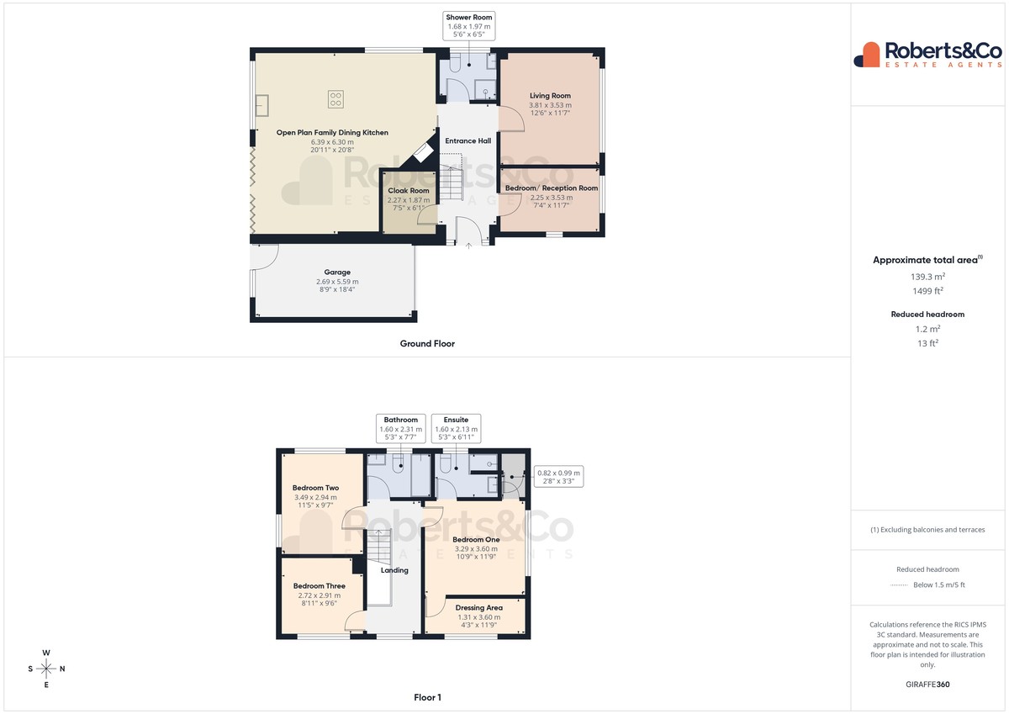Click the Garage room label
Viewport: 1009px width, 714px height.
tap(337, 272)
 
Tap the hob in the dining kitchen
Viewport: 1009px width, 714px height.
tap(335, 99)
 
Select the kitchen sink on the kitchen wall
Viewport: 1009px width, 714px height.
tap(261, 105)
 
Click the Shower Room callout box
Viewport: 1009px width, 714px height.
tap(469, 26)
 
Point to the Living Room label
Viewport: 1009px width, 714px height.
tap(550, 96)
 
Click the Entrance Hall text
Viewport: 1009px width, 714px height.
tap(468, 140)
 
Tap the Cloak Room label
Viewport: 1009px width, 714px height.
tap(409, 191)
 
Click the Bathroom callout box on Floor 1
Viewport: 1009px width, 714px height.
tap(400, 428)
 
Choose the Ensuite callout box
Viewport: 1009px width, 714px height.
tap(456, 428)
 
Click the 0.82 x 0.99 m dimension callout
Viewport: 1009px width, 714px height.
tap(558, 477)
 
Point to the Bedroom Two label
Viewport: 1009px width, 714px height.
tap(315, 488)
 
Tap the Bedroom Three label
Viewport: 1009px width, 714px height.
tap(319, 586)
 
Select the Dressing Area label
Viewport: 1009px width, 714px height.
tap(478, 608)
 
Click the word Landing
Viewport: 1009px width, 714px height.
tap(394, 570)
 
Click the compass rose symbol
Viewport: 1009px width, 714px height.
tap(46, 669)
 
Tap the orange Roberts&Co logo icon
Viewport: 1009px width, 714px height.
tap(867, 55)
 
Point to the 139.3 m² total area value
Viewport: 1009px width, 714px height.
tap(927, 277)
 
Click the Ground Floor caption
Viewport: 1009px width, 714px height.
tap(427, 344)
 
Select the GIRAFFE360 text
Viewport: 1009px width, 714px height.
tap(927, 685)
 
